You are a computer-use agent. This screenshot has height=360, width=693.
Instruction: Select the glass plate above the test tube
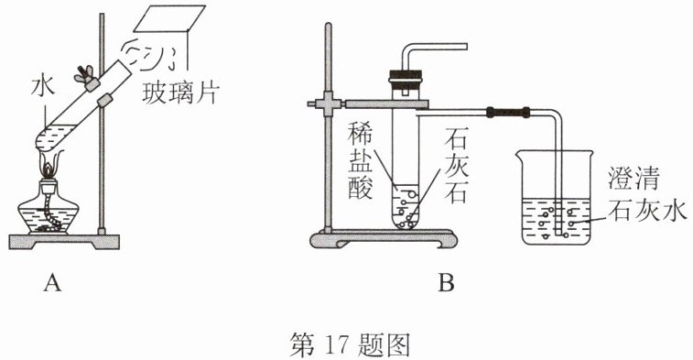[x=169, y=18]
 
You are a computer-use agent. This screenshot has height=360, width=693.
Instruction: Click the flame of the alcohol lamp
[x=48, y=168]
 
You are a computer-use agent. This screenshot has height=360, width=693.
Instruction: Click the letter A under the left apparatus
[x=52, y=283]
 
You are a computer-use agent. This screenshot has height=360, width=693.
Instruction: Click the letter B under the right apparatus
[x=446, y=283]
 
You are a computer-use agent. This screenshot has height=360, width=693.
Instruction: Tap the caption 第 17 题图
[x=350, y=345]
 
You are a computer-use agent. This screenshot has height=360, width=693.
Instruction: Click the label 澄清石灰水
[x=647, y=194]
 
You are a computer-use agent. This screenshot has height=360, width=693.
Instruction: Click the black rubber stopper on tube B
[x=405, y=78]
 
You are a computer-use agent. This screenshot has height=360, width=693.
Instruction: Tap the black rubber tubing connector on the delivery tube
[x=507, y=112]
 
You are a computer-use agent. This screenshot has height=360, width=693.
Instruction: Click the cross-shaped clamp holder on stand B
[x=328, y=104]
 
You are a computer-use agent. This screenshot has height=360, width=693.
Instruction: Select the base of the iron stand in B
[x=383, y=239]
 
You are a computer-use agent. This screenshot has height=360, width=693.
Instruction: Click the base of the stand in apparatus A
[x=64, y=242]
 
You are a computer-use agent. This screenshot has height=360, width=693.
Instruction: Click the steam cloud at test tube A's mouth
[x=149, y=56]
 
